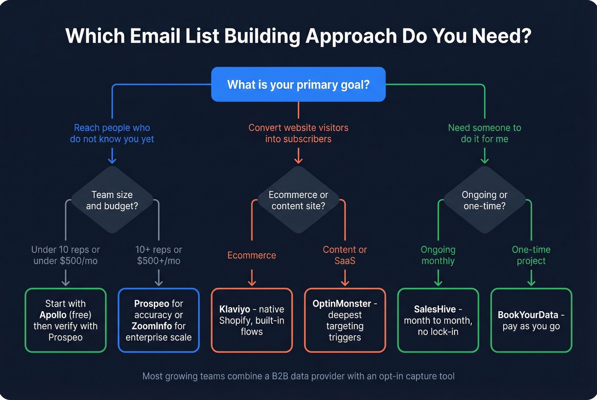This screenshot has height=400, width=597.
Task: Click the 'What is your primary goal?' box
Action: coord(298,84)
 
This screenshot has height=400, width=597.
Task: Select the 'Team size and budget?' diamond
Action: coord(112,200)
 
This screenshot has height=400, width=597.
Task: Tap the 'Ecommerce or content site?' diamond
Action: coord(298,200)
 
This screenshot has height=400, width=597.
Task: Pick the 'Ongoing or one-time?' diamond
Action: coord(484,200)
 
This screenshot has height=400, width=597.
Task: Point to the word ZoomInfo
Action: coord(152,326)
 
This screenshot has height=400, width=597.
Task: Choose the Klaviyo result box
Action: coord(252,320)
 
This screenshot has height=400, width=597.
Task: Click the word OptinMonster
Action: coord(342,304)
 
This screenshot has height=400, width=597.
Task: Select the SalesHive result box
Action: coord(438,320)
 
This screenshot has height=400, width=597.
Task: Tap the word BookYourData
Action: coord(527,315)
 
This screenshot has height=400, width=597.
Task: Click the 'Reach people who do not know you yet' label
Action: coord(112,133)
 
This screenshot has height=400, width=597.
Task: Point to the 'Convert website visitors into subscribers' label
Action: coord(298,133)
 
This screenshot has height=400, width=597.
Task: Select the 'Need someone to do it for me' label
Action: coord(484,133)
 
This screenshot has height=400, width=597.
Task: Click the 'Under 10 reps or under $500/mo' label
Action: coord(65,255)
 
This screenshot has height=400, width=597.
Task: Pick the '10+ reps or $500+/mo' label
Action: coord(159,255)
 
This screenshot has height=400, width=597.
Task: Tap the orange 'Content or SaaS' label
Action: coord(345,255)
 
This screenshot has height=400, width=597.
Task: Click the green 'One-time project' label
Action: coord(531,255)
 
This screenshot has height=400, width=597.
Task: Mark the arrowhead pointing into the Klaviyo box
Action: coord(252,283)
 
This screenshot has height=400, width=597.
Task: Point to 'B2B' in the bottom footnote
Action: coord(280,376)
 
